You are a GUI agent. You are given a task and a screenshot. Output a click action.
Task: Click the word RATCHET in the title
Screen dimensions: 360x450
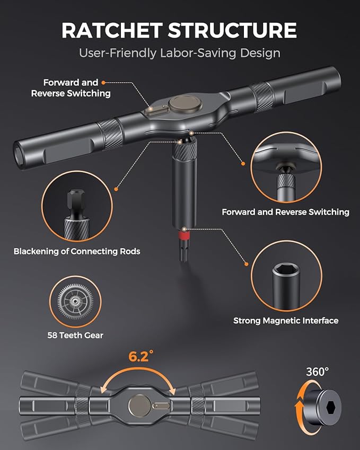click(x=112, y=30)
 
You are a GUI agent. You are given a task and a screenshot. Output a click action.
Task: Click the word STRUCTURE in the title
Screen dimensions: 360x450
click(x=232, y=30)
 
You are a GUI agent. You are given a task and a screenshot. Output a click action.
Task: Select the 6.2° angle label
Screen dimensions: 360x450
click(x=141, y=356)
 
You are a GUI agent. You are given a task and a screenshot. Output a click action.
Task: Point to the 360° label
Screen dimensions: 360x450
click(x=317, y=372)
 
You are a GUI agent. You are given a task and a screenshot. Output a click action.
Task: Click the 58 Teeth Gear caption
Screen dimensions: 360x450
click(x=75, y=335)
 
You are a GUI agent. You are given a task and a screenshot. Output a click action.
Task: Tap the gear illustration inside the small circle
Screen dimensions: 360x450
click(x=75, y=302)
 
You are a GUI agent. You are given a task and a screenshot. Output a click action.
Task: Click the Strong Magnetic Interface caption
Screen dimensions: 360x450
click(x=286, y=321)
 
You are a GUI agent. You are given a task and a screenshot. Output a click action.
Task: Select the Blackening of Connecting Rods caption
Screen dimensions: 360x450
click(x=77, y=251)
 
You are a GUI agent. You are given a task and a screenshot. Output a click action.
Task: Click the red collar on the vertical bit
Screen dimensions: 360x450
click(x=184, y=236)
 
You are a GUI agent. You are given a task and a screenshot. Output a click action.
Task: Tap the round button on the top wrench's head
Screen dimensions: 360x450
click(x=185, y=103)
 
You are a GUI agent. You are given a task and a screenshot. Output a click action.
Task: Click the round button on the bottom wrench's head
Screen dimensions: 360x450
click(x=139, y=405)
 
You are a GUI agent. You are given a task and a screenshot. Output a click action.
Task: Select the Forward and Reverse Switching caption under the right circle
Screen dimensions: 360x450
click(x=286, y=212)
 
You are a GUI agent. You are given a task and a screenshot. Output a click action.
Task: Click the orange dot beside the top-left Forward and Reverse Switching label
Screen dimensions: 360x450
click(x=103, y=83)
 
